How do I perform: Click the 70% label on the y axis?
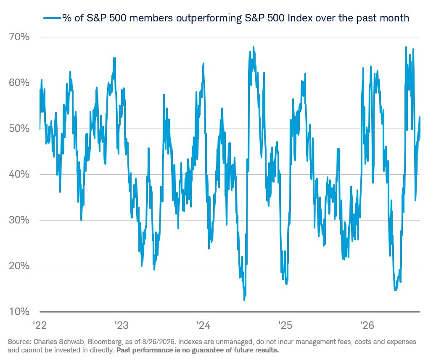tap(19, 37)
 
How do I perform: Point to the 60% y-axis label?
tap(19, 83)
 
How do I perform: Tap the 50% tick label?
tap(19, 129)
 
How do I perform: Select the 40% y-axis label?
tap(19, 174)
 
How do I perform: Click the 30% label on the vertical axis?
tap(19, 220)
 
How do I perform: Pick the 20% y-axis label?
tap(19, 266)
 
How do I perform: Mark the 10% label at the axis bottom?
tap(19, 312)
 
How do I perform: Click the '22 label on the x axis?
tap(40, 325)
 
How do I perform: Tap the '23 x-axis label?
tap(122, 325)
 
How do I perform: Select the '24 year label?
tap(203, 325)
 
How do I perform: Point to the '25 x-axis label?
tap(285, 325)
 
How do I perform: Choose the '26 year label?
tap(367, 325)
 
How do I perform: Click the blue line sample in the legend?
tap(52, 18)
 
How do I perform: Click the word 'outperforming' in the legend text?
tap(209, 18)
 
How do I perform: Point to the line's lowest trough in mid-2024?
tap(244, 300)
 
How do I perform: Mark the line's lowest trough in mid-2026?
tap(395, 290)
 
